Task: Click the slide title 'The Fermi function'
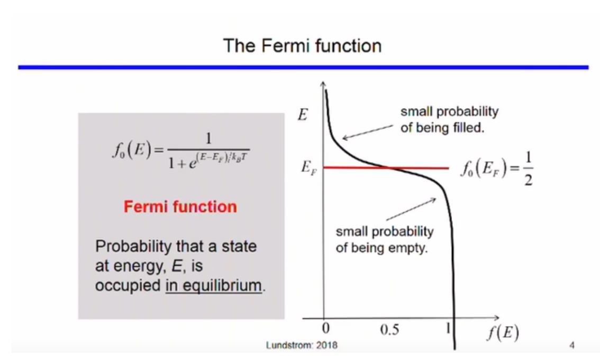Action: click(302, 46)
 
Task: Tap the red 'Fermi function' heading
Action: click(180, 207)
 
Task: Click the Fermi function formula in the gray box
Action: click(181, 150)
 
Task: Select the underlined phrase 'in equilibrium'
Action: click(214, 286)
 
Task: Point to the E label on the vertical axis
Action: click(303, 114)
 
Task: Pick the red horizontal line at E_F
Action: click(386, 168)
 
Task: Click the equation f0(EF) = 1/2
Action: click(497, 168)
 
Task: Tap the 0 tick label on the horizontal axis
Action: click(325, 328)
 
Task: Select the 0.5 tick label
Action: click(389, 329)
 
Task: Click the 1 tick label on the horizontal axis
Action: click(448, 328)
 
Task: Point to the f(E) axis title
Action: click(503, 332)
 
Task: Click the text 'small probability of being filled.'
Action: click(450, 120)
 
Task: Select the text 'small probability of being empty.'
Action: click(385, 240)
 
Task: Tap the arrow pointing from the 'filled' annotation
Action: click(368, 132)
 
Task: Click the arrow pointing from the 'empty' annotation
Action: click(411, 209)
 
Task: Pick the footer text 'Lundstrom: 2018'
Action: click(302, 346)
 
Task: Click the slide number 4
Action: click(572, 346)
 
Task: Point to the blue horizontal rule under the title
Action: click(303, 67)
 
